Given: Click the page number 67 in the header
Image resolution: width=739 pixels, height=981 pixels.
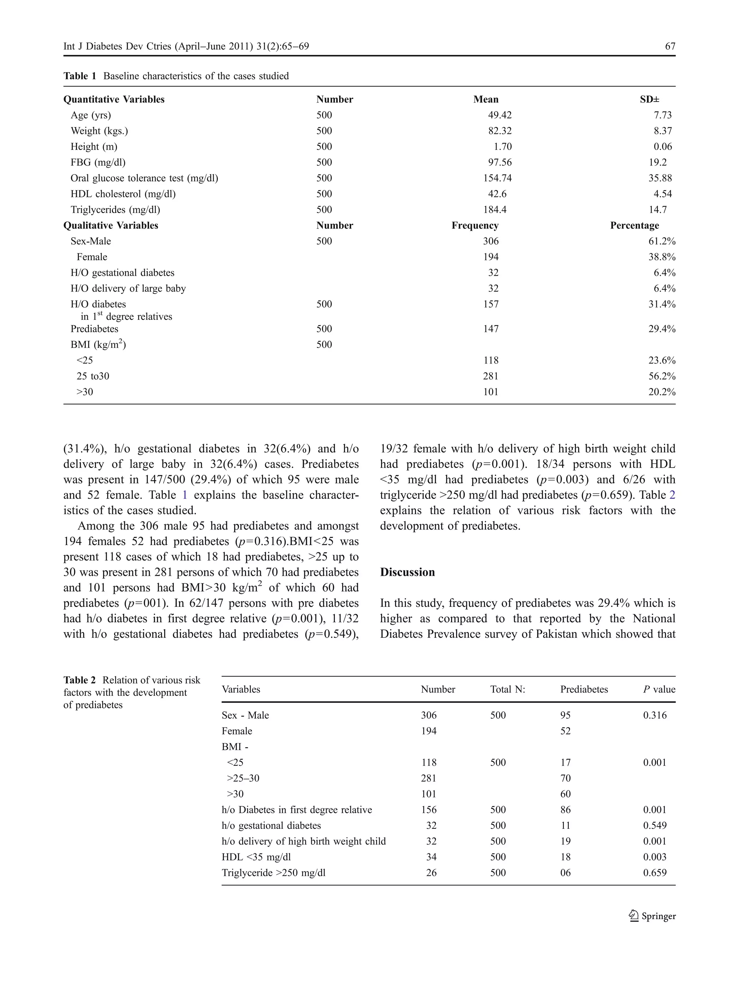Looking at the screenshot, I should [670, 47].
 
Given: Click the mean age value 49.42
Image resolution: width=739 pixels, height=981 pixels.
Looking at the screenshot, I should [499, 115].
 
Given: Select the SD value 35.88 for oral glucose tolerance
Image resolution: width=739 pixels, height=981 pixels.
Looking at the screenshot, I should [660, 178].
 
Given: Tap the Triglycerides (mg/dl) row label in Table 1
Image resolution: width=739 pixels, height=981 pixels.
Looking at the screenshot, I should [115, 210].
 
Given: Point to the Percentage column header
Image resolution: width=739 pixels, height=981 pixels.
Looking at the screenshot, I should [634, 226].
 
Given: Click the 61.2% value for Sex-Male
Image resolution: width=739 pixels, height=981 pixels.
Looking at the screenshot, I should [662, 241].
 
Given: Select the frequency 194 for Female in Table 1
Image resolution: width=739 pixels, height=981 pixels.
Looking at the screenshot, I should [491, 257].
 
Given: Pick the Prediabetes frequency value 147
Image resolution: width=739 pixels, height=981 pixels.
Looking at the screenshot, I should [491, 329].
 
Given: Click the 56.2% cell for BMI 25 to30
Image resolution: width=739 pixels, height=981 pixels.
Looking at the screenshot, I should [662, 376].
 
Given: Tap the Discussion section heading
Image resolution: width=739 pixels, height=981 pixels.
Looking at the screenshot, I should [407, 573].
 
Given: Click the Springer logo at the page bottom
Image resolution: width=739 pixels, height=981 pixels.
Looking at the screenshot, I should [652, 916].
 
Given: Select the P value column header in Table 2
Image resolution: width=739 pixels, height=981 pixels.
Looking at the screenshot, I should [659, 690].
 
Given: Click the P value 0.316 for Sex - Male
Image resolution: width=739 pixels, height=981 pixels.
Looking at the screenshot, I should [655, 715].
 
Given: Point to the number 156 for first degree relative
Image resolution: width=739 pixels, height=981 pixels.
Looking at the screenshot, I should [428, 810].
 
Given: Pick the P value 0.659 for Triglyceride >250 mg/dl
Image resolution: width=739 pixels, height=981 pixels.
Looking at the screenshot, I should [655, 873].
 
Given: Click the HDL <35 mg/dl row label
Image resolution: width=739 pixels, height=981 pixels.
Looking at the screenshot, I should [256, 857].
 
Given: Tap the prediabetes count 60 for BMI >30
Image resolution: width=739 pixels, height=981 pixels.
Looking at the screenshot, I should [565, 794].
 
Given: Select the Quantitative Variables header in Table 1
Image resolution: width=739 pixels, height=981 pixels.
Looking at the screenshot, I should [114, 100].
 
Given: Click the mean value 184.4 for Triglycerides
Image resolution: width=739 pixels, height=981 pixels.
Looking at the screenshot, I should [494, 210].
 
